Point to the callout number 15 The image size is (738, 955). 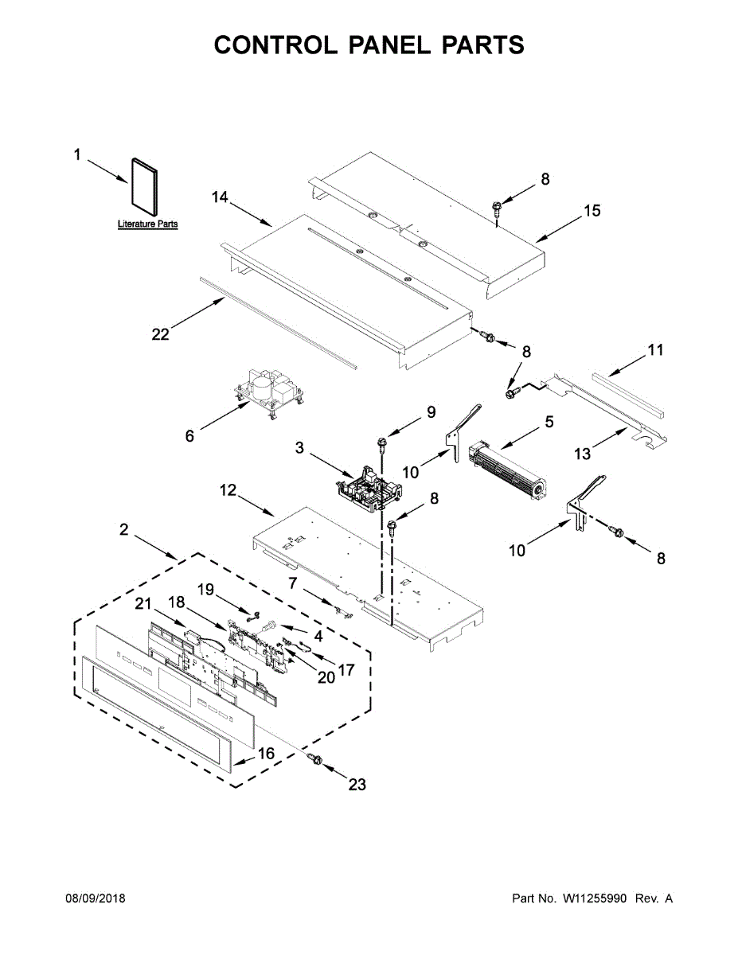coord(592,211)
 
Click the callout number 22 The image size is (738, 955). coord(161,334)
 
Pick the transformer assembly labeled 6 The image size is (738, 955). coord(268,390)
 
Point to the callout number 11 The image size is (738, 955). coord(654,349)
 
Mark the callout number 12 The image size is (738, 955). coord(228,491)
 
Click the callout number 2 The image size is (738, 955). coord(124,529)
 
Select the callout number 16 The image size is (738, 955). coord(266,753)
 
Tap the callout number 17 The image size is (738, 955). coord(346,670)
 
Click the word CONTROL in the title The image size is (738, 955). coord(253,45)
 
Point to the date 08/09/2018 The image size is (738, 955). coord(95,898)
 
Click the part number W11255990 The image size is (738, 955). coord(595,898)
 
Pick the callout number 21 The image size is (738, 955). coord(143,606)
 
